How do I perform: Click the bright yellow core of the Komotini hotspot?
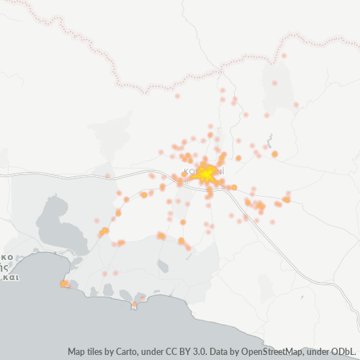point(207,174)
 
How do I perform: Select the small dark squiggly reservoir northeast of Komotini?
point(269,139)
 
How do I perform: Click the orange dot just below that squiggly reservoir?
point(274,153)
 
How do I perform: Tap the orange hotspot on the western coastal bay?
point(65,284)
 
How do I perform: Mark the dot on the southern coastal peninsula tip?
point(134,305)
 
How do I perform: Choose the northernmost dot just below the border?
point(284,55)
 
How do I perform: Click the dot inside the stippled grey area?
point(274,83)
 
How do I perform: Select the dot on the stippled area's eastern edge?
point(296,105)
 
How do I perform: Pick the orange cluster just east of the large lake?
point(104,230)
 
